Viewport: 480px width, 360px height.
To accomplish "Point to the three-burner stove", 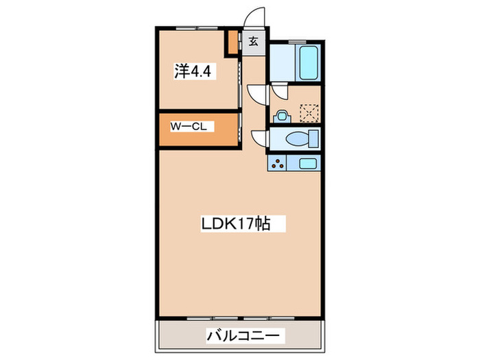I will tap(279, 164).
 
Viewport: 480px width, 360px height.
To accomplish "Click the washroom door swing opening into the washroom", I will tap(280, 92).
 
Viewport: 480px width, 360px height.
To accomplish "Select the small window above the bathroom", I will tap(302, 43).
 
